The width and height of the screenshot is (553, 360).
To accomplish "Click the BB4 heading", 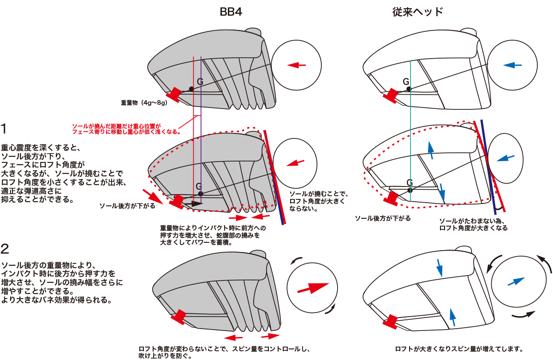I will pos(231,12).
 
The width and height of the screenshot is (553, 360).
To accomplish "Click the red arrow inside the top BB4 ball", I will pos(297,66).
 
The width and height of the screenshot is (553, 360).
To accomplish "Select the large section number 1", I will pos(5,128).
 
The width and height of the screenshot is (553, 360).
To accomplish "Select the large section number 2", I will pos(5,249).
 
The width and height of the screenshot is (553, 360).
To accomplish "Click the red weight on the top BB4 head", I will pos(175,94).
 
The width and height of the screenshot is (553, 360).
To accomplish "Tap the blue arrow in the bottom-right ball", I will pos(516,281).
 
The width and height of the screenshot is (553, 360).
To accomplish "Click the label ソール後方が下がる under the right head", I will pos(382,218).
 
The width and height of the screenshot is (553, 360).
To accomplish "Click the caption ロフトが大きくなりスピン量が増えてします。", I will pos(458,349).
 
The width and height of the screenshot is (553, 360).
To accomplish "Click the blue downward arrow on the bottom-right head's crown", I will pos(439,266).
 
